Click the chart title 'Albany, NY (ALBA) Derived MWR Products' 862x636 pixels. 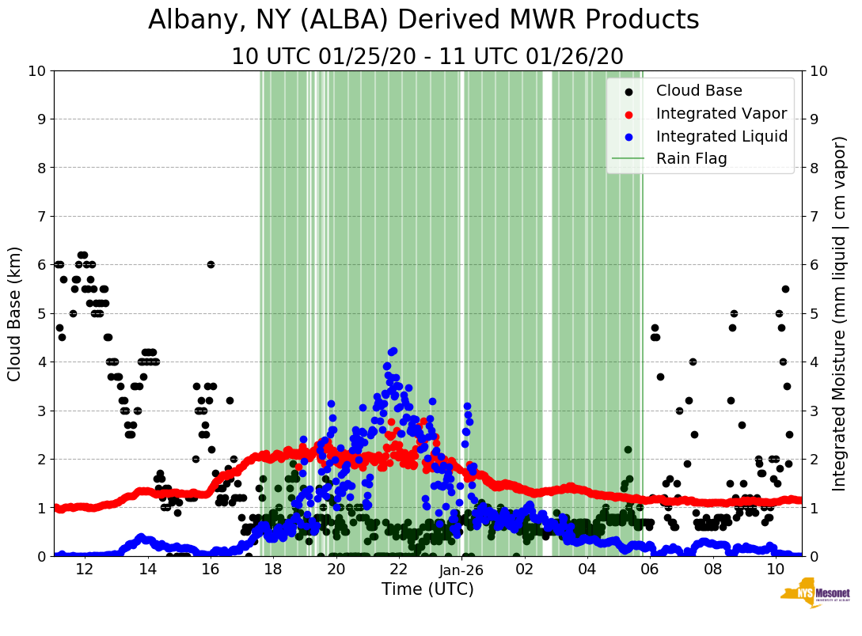point(423,20)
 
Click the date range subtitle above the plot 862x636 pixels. point(427,57)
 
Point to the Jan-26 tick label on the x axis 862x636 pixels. point(461,569)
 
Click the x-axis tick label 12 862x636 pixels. point(84,569)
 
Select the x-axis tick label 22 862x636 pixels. point(398,569)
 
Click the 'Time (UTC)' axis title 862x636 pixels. point(427,589)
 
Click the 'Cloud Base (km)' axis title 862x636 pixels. point(15,313)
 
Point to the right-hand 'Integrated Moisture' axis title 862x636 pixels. point(840,313)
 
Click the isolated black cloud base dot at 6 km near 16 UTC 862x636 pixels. point(211,264)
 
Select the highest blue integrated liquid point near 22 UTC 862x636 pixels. point(393,350)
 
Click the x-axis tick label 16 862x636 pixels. point(210,569)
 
